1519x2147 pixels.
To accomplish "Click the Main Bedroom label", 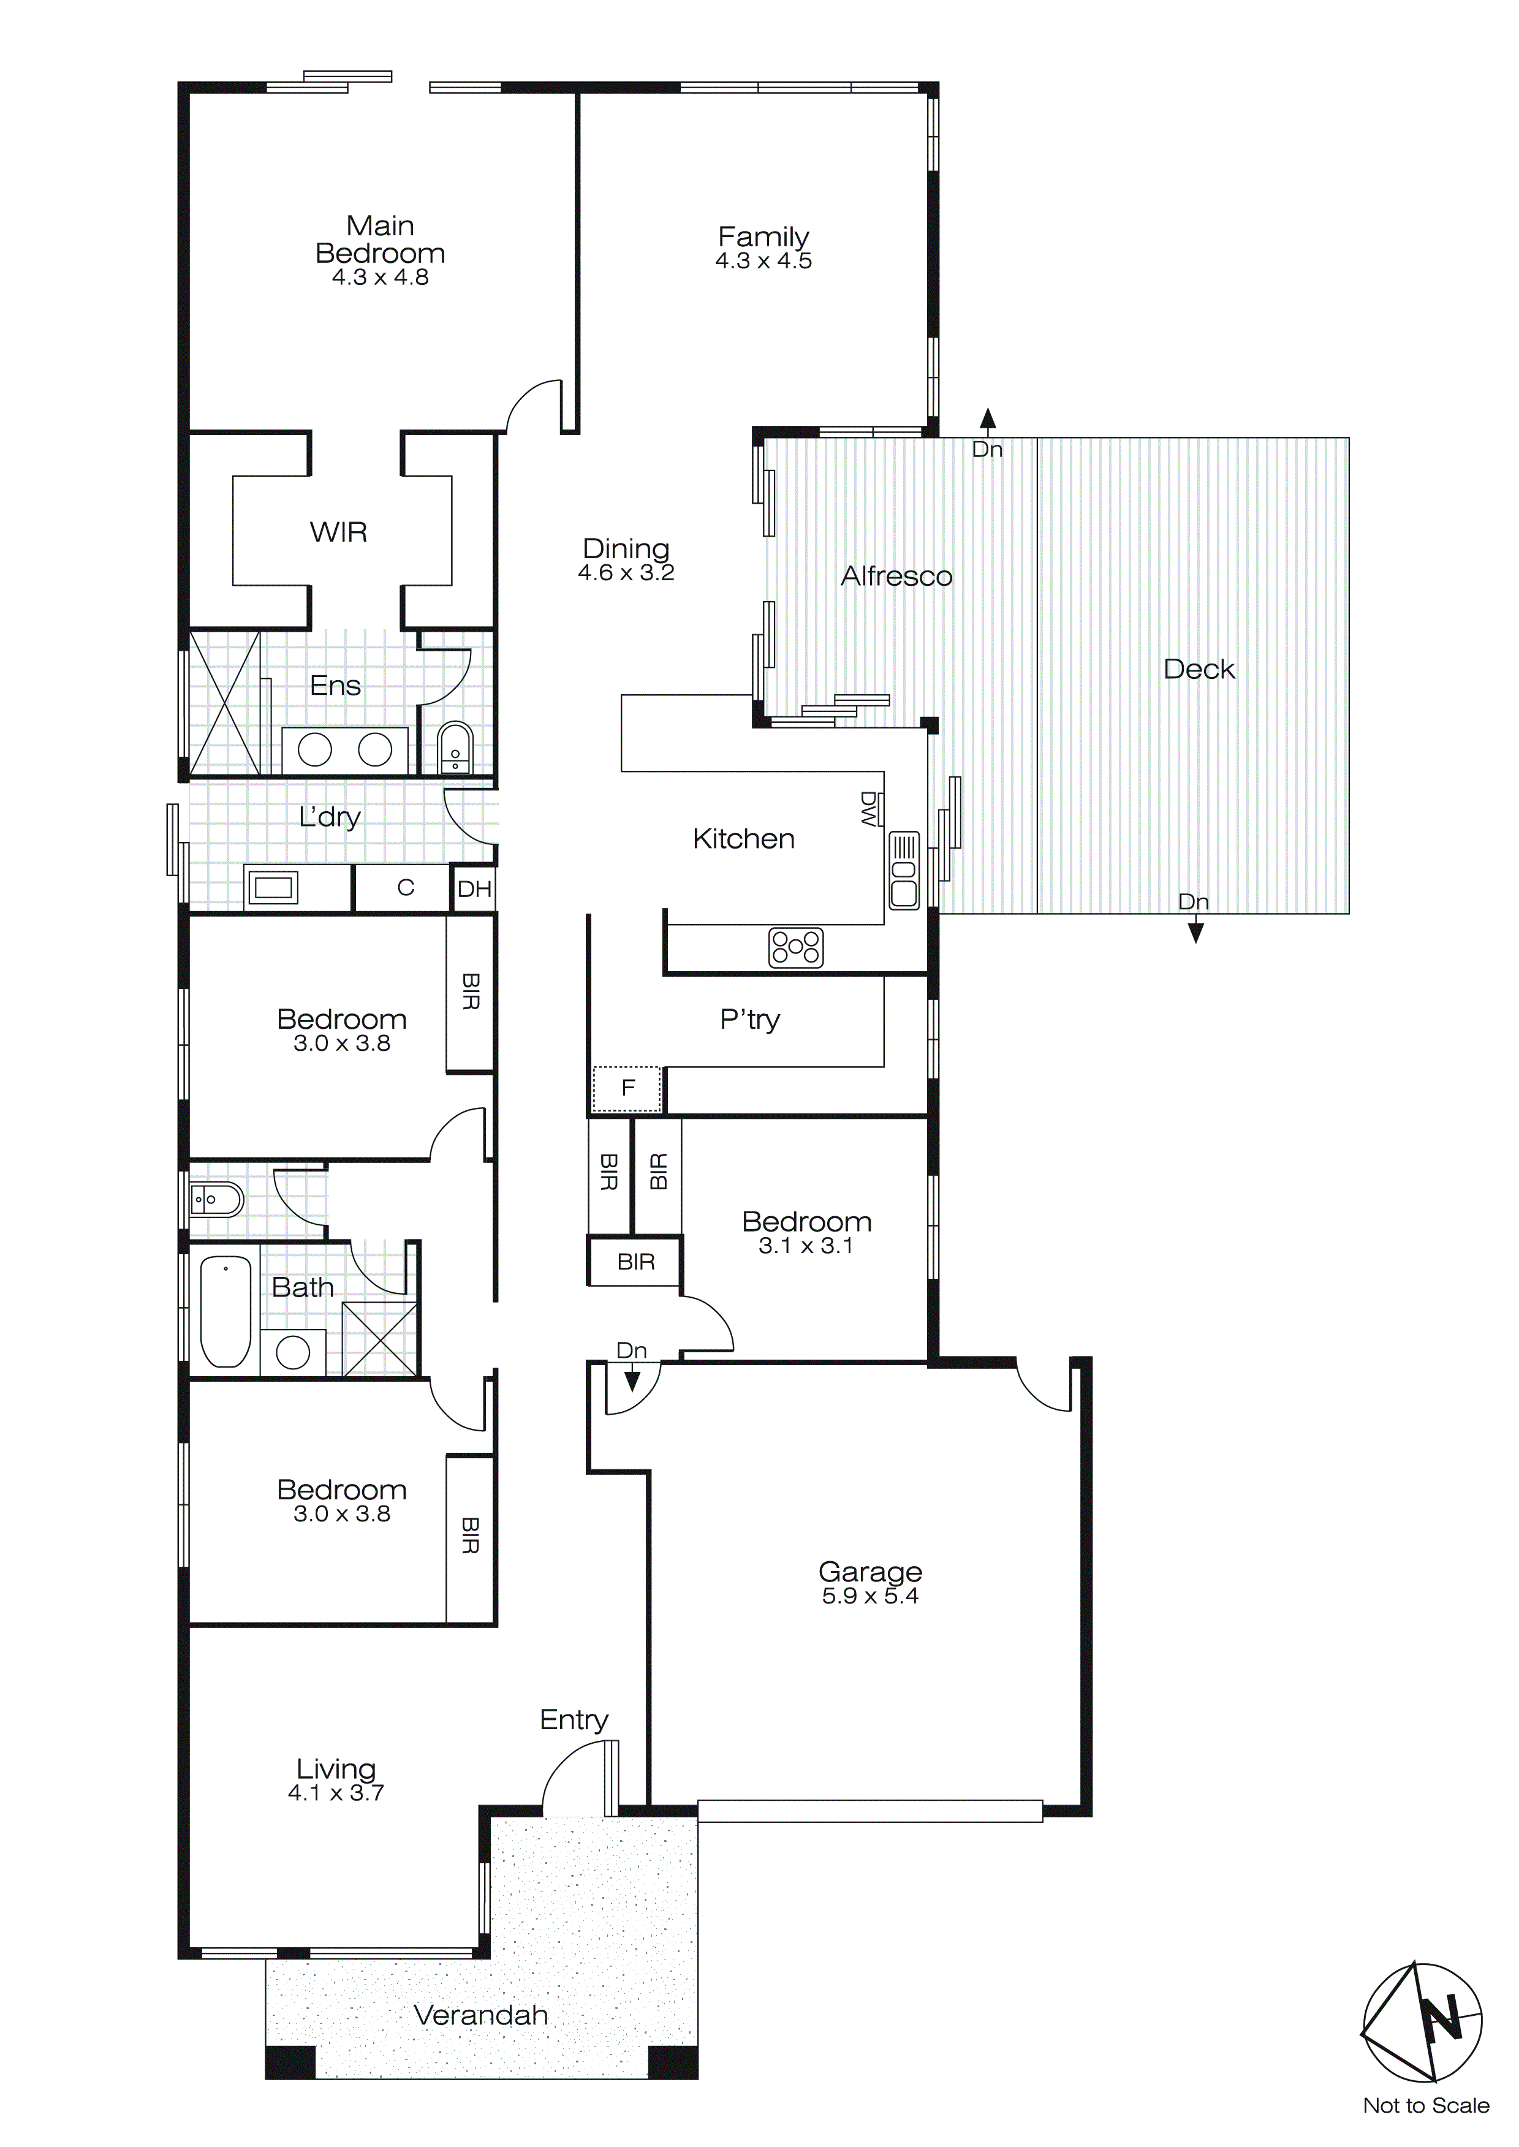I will [x=380, y=240].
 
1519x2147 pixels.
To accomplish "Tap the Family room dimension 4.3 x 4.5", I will [x=763, y=262].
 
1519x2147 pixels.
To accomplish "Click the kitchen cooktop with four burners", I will [x=795, y=947].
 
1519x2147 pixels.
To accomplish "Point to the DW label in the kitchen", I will [x=869, y=809].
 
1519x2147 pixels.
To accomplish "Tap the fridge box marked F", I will [x=627, y=1088].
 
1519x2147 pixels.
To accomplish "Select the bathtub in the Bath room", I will [x=225, y=1311].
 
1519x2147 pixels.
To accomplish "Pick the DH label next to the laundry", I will [x=474, y=889].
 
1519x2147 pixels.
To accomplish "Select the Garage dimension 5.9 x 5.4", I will [x=870, y=1596].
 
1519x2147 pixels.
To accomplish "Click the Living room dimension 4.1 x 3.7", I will [x=336, y=1793].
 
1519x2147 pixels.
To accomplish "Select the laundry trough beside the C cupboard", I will [x=272, y=887].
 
